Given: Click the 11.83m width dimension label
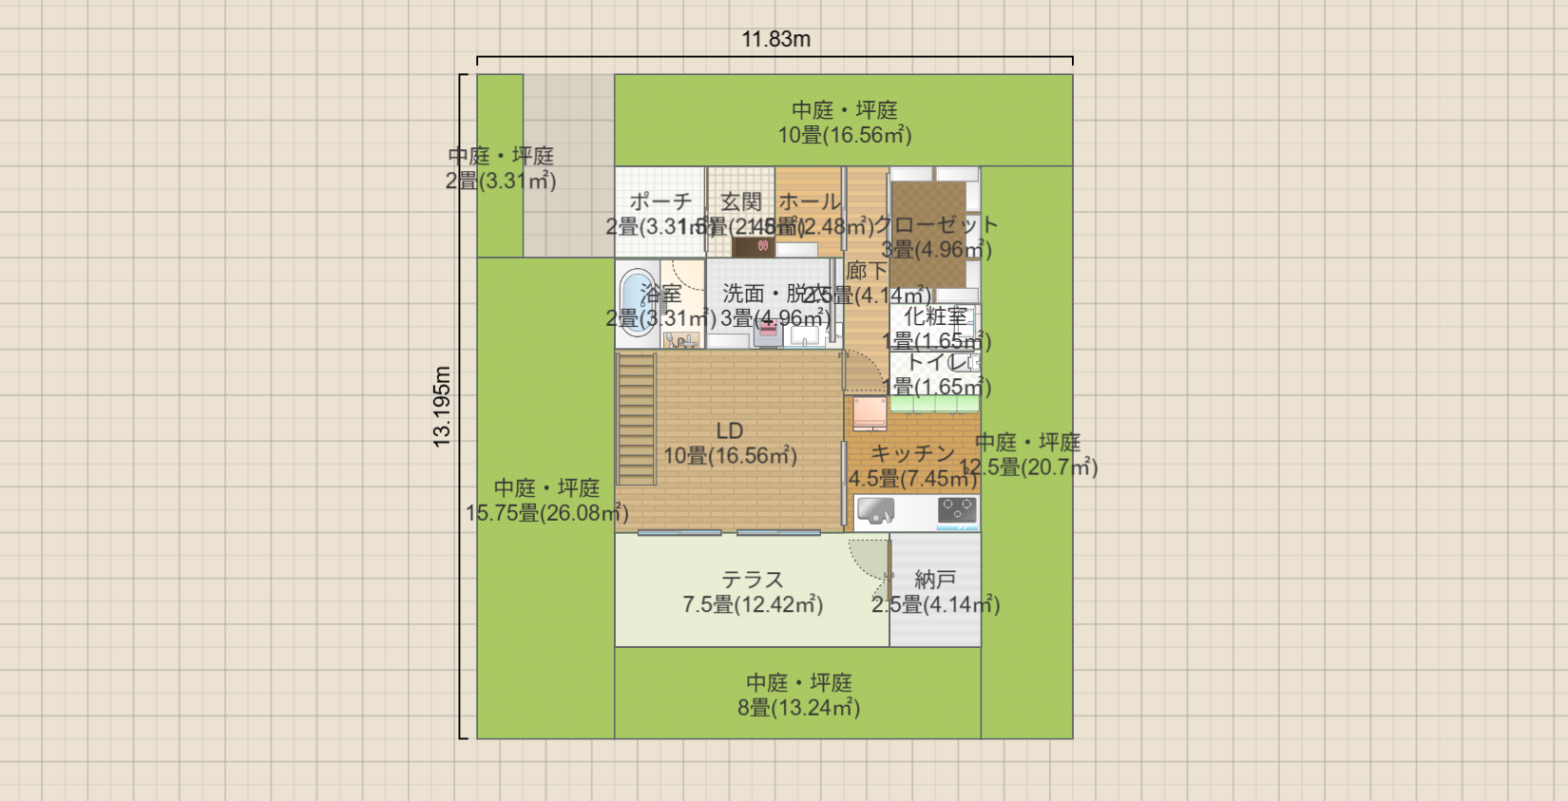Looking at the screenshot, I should click(775, 39).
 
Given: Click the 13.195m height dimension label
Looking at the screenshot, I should click(442, 407).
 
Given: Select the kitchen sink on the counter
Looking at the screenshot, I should click(875, 511).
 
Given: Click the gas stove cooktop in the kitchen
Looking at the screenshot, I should click(957, 511).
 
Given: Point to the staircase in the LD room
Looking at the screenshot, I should click(637, 419).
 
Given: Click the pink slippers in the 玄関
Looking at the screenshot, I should click(762, 246).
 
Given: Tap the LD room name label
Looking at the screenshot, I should click(730, 431).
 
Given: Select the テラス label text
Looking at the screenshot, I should click(753, 580).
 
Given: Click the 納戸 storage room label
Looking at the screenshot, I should click(935, 580).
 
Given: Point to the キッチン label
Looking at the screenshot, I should click(912, 454).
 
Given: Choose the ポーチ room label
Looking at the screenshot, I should click(660, 201).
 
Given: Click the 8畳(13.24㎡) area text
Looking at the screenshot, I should click(798, 708).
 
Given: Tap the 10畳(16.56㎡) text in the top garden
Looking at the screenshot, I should click(845, 136).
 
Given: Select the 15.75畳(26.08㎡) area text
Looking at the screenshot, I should click(546, 514).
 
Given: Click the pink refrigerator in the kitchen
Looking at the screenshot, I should click(870, 414).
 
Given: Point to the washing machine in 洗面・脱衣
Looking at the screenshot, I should click(768, 333).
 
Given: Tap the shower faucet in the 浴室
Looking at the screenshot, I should click(680, 339).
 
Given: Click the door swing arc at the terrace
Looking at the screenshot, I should click(866, 561).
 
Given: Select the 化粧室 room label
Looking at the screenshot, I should click(936, 316).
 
